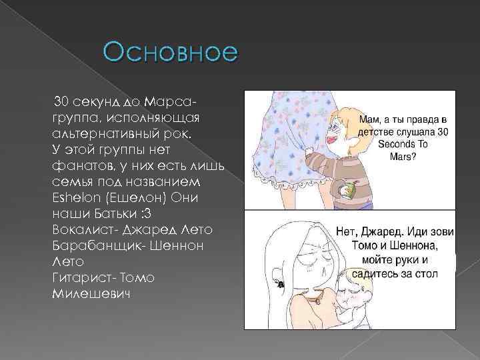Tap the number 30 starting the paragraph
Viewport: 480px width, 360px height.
click(61, 101)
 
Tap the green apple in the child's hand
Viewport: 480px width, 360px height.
click(347, 190)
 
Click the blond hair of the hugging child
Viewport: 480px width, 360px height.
click(354, 279)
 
